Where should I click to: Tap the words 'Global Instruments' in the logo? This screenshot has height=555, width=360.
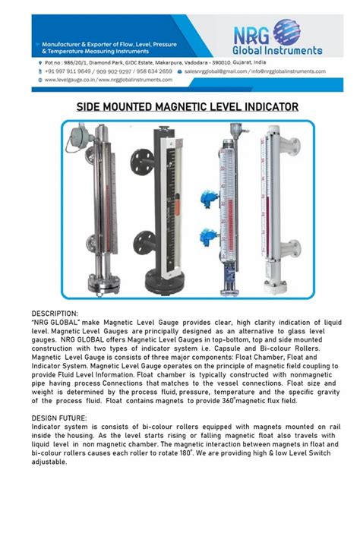click(288, 51)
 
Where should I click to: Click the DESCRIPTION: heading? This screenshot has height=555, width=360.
click(55, 313)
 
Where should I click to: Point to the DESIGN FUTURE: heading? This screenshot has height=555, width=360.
click(59, 418)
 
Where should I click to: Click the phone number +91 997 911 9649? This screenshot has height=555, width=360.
click(63, 71)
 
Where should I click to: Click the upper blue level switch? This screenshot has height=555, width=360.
click(204, 199)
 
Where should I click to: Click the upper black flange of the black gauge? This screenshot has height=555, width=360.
click(138, 159)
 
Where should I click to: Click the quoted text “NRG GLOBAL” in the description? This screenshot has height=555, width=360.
click(57, 322)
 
